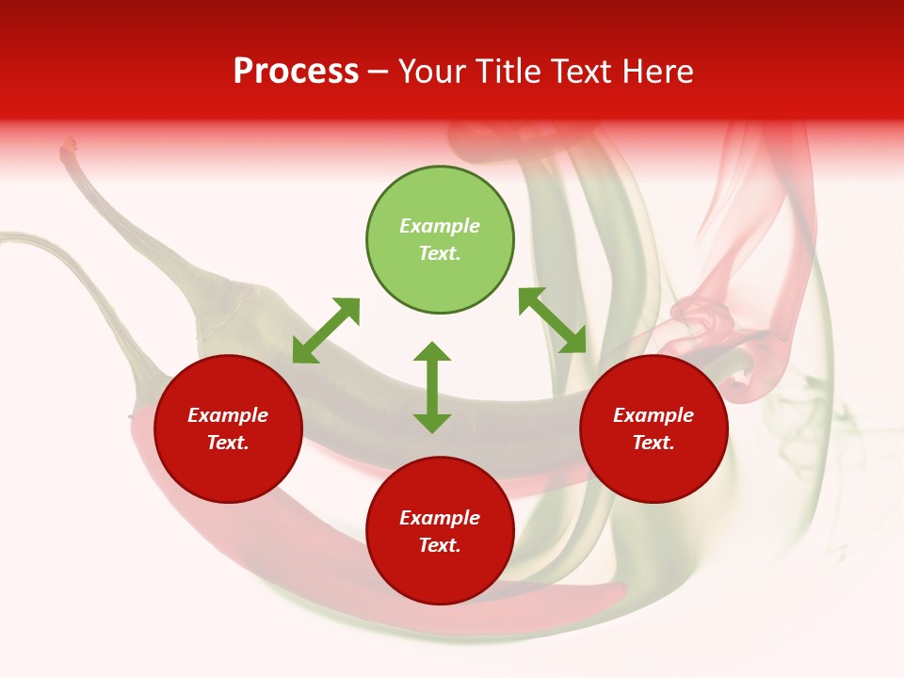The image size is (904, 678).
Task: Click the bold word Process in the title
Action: (x=296, y=72)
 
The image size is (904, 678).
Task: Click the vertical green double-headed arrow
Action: (x=432, y=387)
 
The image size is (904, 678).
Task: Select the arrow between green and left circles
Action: (x=326, y=331)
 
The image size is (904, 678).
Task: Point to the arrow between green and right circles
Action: (x=553, y=320)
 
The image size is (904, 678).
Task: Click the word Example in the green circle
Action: (x=440, y=226)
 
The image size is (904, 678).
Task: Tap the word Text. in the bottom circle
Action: (x=440, y=545)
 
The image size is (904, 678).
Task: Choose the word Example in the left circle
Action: (x=228, y=415)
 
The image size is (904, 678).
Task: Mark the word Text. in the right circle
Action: (x=654, y=443)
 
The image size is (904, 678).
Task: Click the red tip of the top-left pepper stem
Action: (x=69, y=146)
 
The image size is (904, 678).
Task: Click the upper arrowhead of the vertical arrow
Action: (x=432, y=352)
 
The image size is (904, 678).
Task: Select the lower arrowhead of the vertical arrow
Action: (x=432, y=422)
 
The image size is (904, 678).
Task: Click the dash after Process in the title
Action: (x=379, y=72)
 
